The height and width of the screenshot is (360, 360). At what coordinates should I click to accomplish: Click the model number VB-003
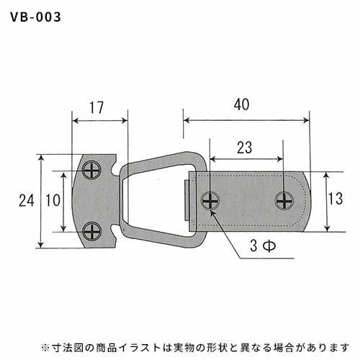(x=35, y=17)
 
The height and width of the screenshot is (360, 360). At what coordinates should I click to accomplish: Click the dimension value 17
(x=96, y=107)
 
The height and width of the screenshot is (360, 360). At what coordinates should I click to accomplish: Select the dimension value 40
(x=242, y=104)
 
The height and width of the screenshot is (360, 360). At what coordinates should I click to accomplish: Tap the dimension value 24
(x=27, y=200)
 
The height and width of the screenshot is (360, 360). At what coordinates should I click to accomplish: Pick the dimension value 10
(x=53, y=200)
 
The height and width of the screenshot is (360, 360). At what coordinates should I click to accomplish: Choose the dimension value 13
(x=336, y=199)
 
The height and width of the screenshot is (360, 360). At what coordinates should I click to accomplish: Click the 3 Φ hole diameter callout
(x=263, y=246)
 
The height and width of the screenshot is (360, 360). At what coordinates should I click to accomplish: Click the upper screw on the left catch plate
(x=92, y=171)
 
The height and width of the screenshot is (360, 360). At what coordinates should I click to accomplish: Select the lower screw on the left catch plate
(x=92, y=232)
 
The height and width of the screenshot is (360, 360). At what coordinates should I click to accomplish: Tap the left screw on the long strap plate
(x=210, y=201)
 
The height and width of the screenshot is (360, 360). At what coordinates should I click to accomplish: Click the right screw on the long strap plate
(x=284, y=201)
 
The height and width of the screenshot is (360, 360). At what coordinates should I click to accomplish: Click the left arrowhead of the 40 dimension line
(x=186, y=120)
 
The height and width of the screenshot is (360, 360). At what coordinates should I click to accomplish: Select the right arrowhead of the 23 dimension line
(x=280, y=159)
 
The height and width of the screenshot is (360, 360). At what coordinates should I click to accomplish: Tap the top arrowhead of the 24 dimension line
(x=41, y=158)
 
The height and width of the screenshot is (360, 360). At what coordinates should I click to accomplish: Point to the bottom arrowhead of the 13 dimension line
(x=327, y=228)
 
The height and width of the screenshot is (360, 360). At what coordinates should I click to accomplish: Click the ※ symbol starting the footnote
(x=45, y=348)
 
